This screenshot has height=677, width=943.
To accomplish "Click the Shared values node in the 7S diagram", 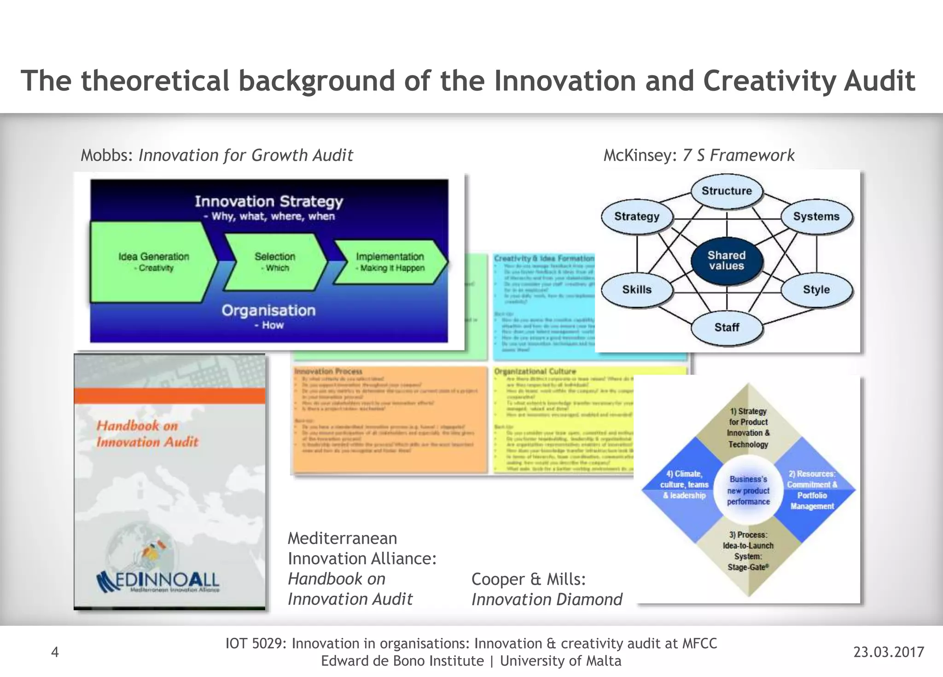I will (x=727, y=261).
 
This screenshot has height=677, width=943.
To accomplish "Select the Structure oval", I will (x=727, y=191).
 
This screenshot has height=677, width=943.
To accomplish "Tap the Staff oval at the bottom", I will (x=727, y=328).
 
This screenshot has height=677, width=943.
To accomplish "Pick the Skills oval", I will (x=637, y=290).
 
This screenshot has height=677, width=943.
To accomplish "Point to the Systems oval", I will (x=816, y=217).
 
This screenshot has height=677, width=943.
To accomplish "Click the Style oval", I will (x=816, y=290).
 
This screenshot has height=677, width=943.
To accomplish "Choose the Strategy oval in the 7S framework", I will (x=637, y=217).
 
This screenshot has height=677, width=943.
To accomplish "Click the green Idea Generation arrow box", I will (x=153, y=262).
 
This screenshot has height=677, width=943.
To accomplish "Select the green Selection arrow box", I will (x=275, y=262).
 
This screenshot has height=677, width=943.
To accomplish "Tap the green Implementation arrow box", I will (x=390, y=262).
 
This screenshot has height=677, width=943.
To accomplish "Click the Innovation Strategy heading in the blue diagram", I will (x=269, y=202).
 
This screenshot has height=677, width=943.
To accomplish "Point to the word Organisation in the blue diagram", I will (x=269, y=311).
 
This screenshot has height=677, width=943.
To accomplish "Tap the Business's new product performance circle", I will (x=748, y=490).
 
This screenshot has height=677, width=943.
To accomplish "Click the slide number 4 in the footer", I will (x=55, y=652).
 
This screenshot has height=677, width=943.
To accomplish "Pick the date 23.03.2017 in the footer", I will (x=889, y=652).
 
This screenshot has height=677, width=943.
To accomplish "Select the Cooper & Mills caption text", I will (x=529, y=579).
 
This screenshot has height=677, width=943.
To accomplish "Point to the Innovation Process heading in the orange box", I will (x=328, y=371).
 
